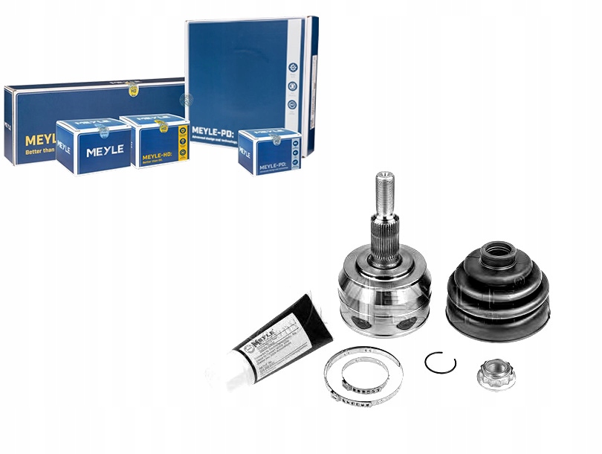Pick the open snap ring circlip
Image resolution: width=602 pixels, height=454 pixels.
coord(440,362)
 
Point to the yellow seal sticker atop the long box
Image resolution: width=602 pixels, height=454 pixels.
coord(132,86)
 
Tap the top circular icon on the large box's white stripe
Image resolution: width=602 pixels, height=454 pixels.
coord(292,68)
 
